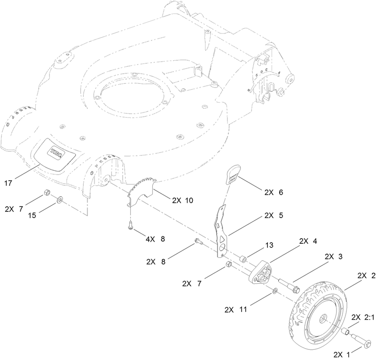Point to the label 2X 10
tap(182, 200)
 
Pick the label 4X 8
tap(155, 239)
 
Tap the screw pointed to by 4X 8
tap(130, 225)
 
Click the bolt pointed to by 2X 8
tap(197, 243)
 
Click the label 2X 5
tap(274, 215)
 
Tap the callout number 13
tap(268, 246)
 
